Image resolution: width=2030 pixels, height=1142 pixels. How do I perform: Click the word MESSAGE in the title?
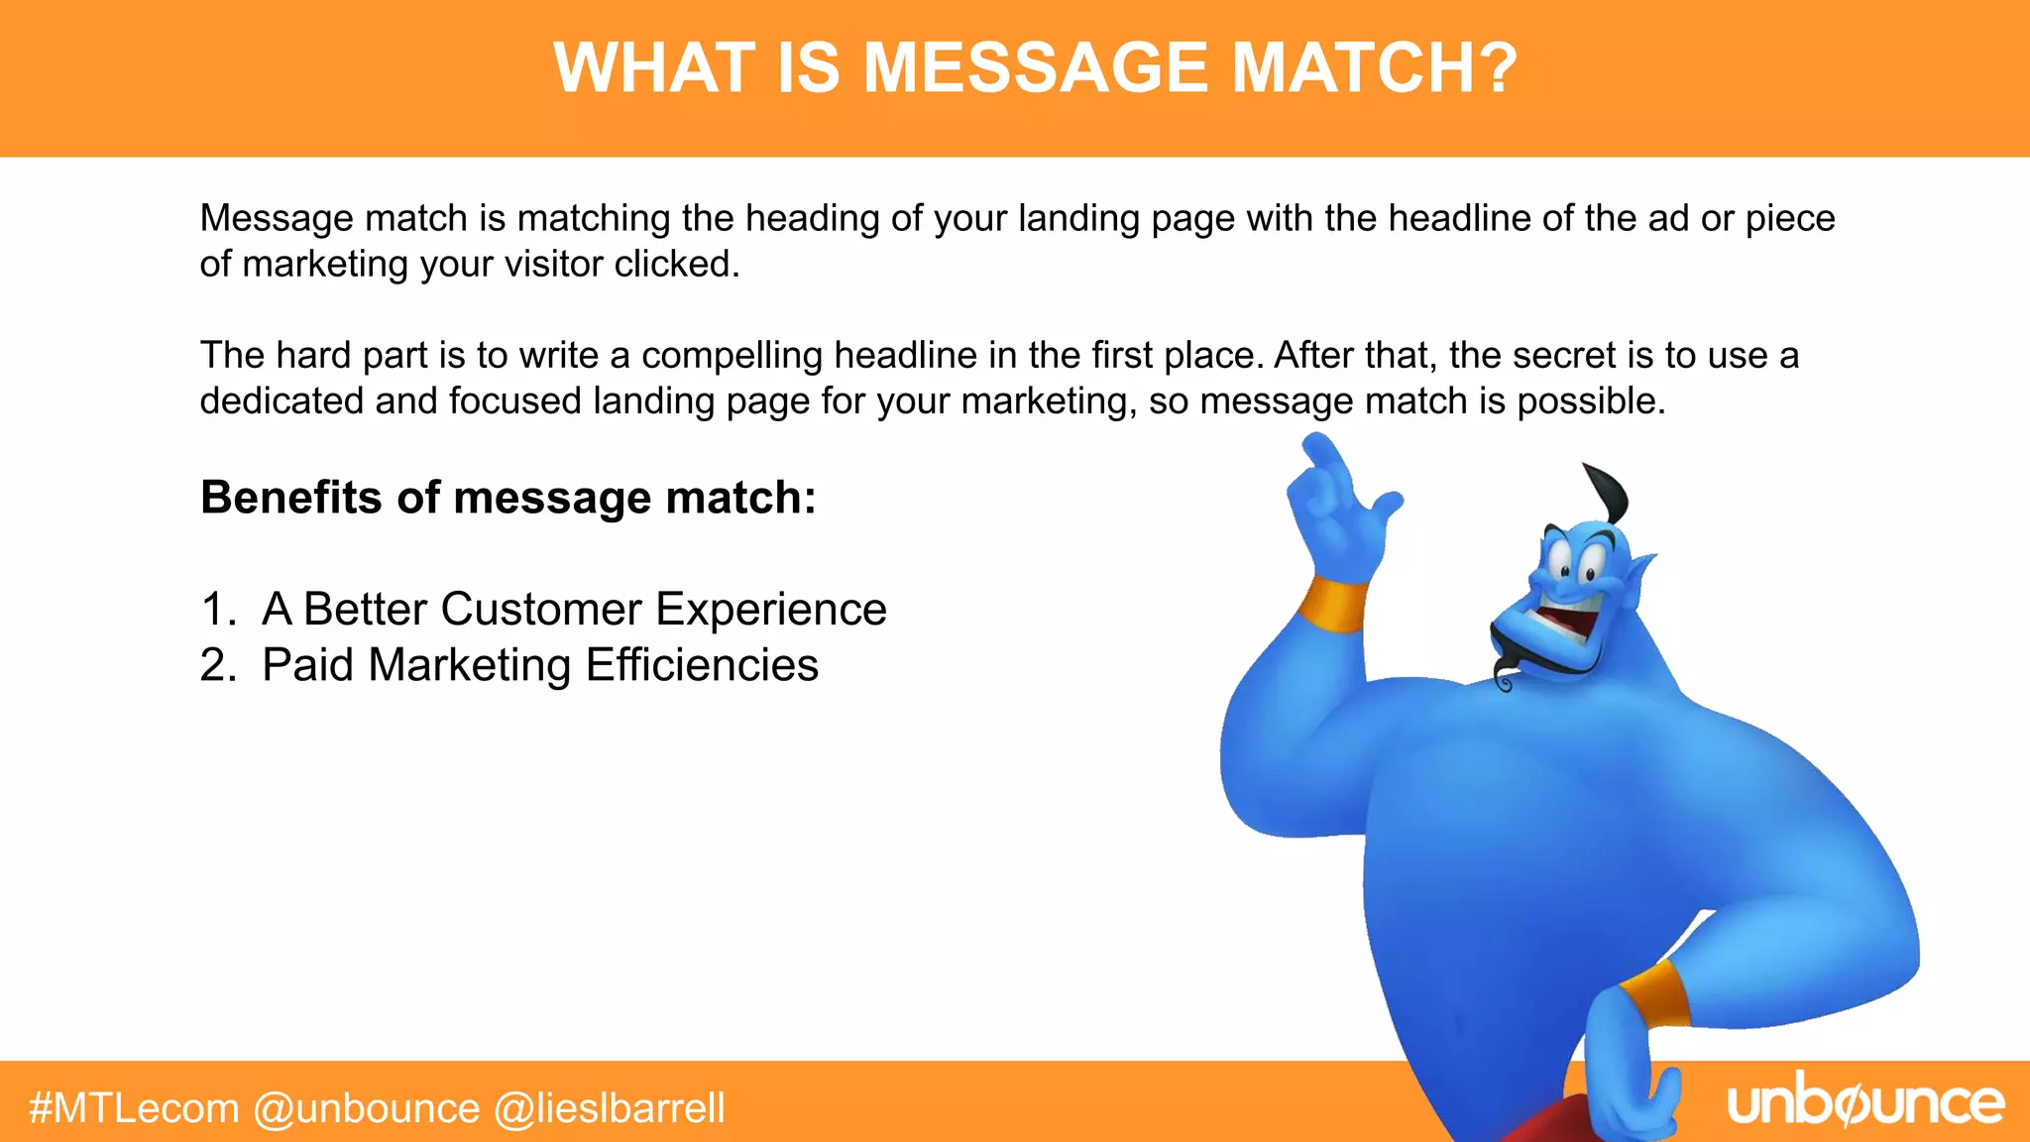click(1036, 68)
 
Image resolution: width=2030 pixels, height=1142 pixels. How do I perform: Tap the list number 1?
click(215, 609)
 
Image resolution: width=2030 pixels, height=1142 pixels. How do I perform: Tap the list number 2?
click(217, 664)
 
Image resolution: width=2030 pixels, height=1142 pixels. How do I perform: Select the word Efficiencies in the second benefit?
click(702, 664)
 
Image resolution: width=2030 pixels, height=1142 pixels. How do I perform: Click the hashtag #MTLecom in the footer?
click(134, 1107)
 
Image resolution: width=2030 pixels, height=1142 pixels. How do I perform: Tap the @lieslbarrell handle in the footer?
click(610, 1107)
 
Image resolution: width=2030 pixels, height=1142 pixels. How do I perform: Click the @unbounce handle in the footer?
click(367, 1107)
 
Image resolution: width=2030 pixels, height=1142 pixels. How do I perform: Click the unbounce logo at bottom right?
click(1865, 1102)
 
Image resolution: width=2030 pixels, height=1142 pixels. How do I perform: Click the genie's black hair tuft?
click(1608, 492)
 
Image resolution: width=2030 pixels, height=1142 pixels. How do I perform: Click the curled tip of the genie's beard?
click(1504, 681)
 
